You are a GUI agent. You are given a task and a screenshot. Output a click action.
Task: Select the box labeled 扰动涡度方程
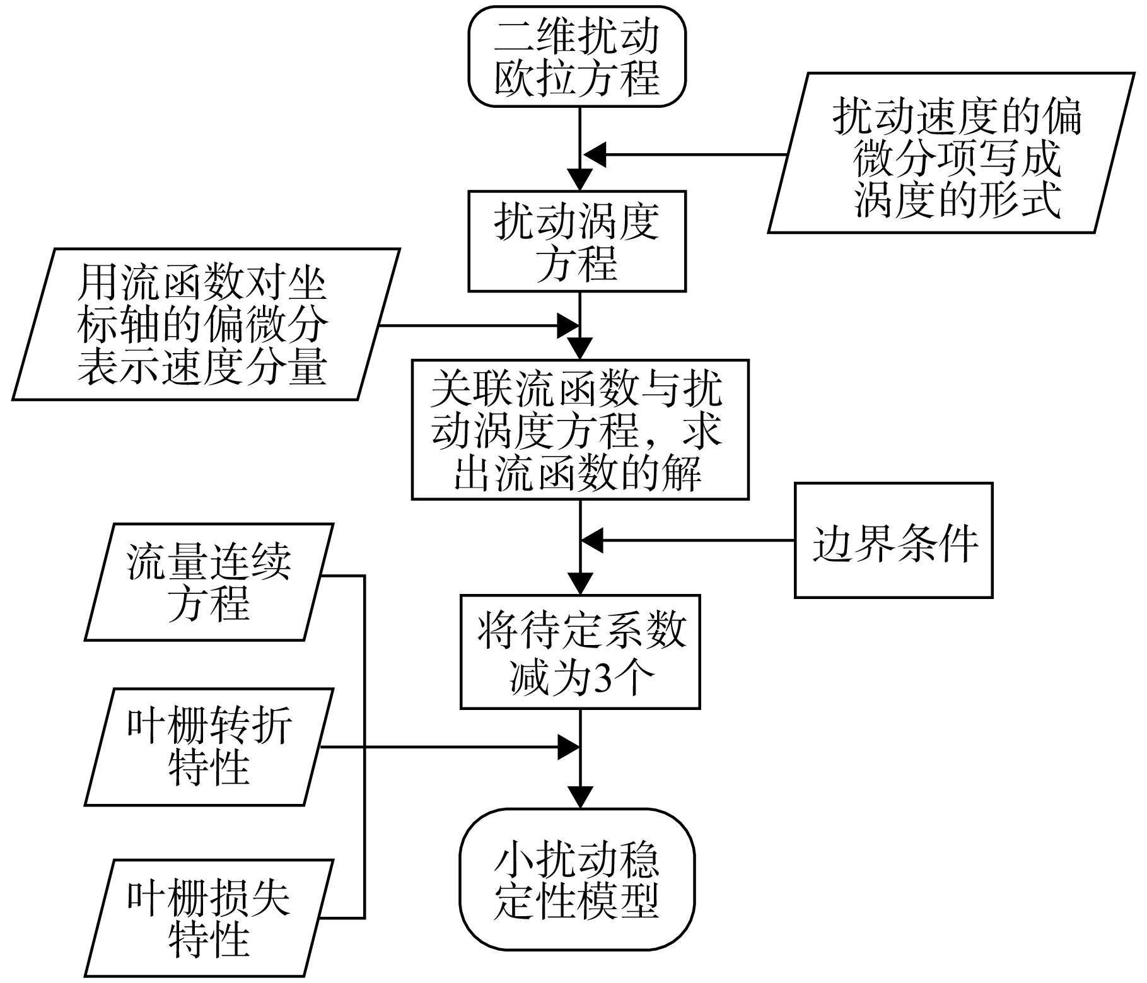click(577, 241)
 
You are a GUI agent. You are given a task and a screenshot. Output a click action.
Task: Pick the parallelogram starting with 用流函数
click(206, 323)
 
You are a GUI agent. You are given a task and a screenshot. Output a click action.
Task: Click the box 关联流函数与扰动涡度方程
click(580, 430)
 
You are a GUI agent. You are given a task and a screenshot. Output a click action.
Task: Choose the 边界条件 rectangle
click(894, 540)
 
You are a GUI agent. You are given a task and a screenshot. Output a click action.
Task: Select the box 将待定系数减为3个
click(580, 651)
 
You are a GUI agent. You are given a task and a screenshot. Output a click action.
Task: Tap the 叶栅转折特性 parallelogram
click(209, 747)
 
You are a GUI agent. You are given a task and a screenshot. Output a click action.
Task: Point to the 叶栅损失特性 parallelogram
click(209, 917)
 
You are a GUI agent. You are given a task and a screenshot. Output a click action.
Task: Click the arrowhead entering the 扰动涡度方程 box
click(579, 179)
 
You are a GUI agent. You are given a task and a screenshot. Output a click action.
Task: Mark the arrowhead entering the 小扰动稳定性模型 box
click(580, 798)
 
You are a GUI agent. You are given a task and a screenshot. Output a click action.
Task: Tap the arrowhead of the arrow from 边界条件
click(593, 540)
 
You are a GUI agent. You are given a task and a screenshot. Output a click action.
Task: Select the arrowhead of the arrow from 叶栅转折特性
click(568, 748)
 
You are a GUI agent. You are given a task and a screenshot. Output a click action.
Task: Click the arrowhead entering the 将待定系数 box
click(580, 583)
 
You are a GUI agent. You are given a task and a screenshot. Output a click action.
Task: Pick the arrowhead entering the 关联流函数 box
click(580, 349)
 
